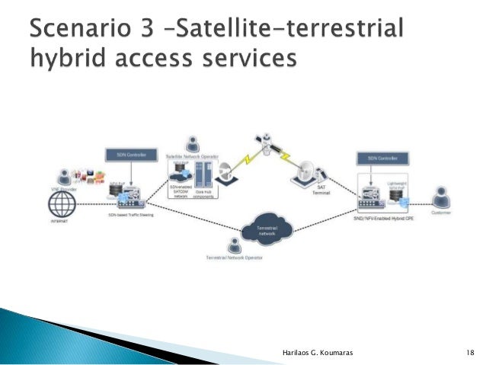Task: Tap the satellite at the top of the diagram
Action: coord(264,141)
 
